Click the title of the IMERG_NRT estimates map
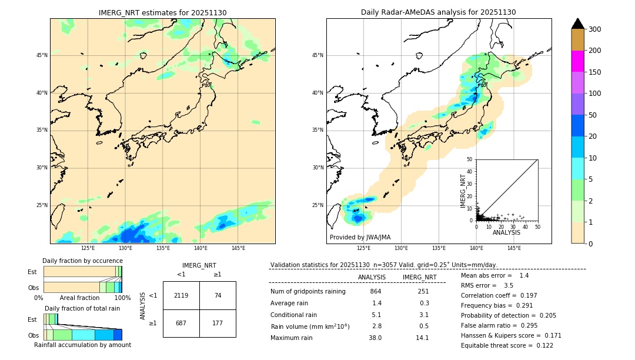[162, 12]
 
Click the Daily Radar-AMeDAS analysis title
[439, 12]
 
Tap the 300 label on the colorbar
[596, 29]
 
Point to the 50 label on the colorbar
[594, 115]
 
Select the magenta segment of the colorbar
[577, 61]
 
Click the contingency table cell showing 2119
[181, 295]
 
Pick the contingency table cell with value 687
[181, 323]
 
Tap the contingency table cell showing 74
[218, 295]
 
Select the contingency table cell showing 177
[218, 323]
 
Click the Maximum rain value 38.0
[376, 338]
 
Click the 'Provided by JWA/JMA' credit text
[360, 238]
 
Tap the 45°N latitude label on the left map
[42, 55]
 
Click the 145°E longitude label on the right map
[514, 248]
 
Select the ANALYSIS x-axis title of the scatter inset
[506, 232]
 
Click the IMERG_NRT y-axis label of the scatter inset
[463, 190]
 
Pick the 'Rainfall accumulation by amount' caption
[82, 345]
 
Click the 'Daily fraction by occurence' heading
[81, 261]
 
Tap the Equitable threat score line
[507, 345]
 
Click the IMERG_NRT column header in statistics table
[419, 277]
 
